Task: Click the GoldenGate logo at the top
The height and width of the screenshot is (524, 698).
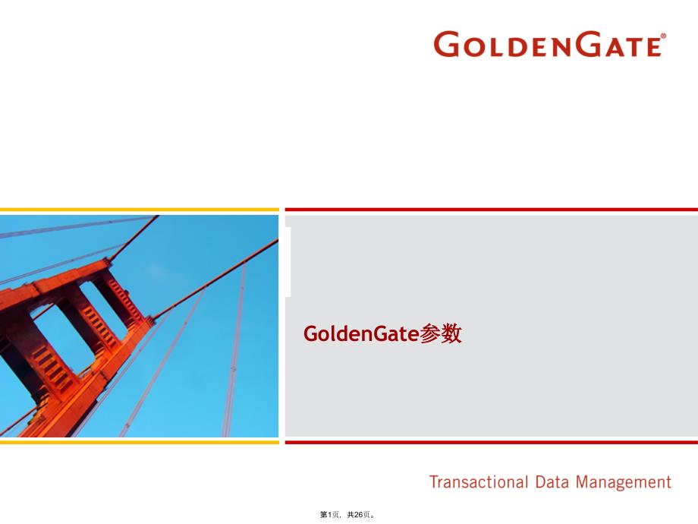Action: click(549, 44)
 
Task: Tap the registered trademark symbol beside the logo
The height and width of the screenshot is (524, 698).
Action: click(663, 36)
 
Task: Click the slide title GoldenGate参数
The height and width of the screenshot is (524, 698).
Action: click(382, 333)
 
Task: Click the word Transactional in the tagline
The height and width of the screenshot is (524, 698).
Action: click(479, 482)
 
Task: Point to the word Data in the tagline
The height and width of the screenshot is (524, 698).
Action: click(551, 482)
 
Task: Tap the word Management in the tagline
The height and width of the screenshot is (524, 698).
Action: click(623, 483)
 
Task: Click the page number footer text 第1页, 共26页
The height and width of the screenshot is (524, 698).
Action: click(347, 515)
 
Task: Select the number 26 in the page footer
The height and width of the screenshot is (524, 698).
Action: click(359, 515)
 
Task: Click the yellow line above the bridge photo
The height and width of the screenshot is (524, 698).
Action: click(140, 210)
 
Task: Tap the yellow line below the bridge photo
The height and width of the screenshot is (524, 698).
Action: click(140, 442)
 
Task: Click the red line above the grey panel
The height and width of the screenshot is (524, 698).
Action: click(492, 210)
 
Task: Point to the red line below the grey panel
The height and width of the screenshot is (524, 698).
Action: click(492, 442)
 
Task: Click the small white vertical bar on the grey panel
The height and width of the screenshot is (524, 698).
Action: click(288, 261)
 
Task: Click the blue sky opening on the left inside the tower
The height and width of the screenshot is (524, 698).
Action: click(62, 339)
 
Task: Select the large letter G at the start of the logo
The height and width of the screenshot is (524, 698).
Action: click(446, 44)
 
